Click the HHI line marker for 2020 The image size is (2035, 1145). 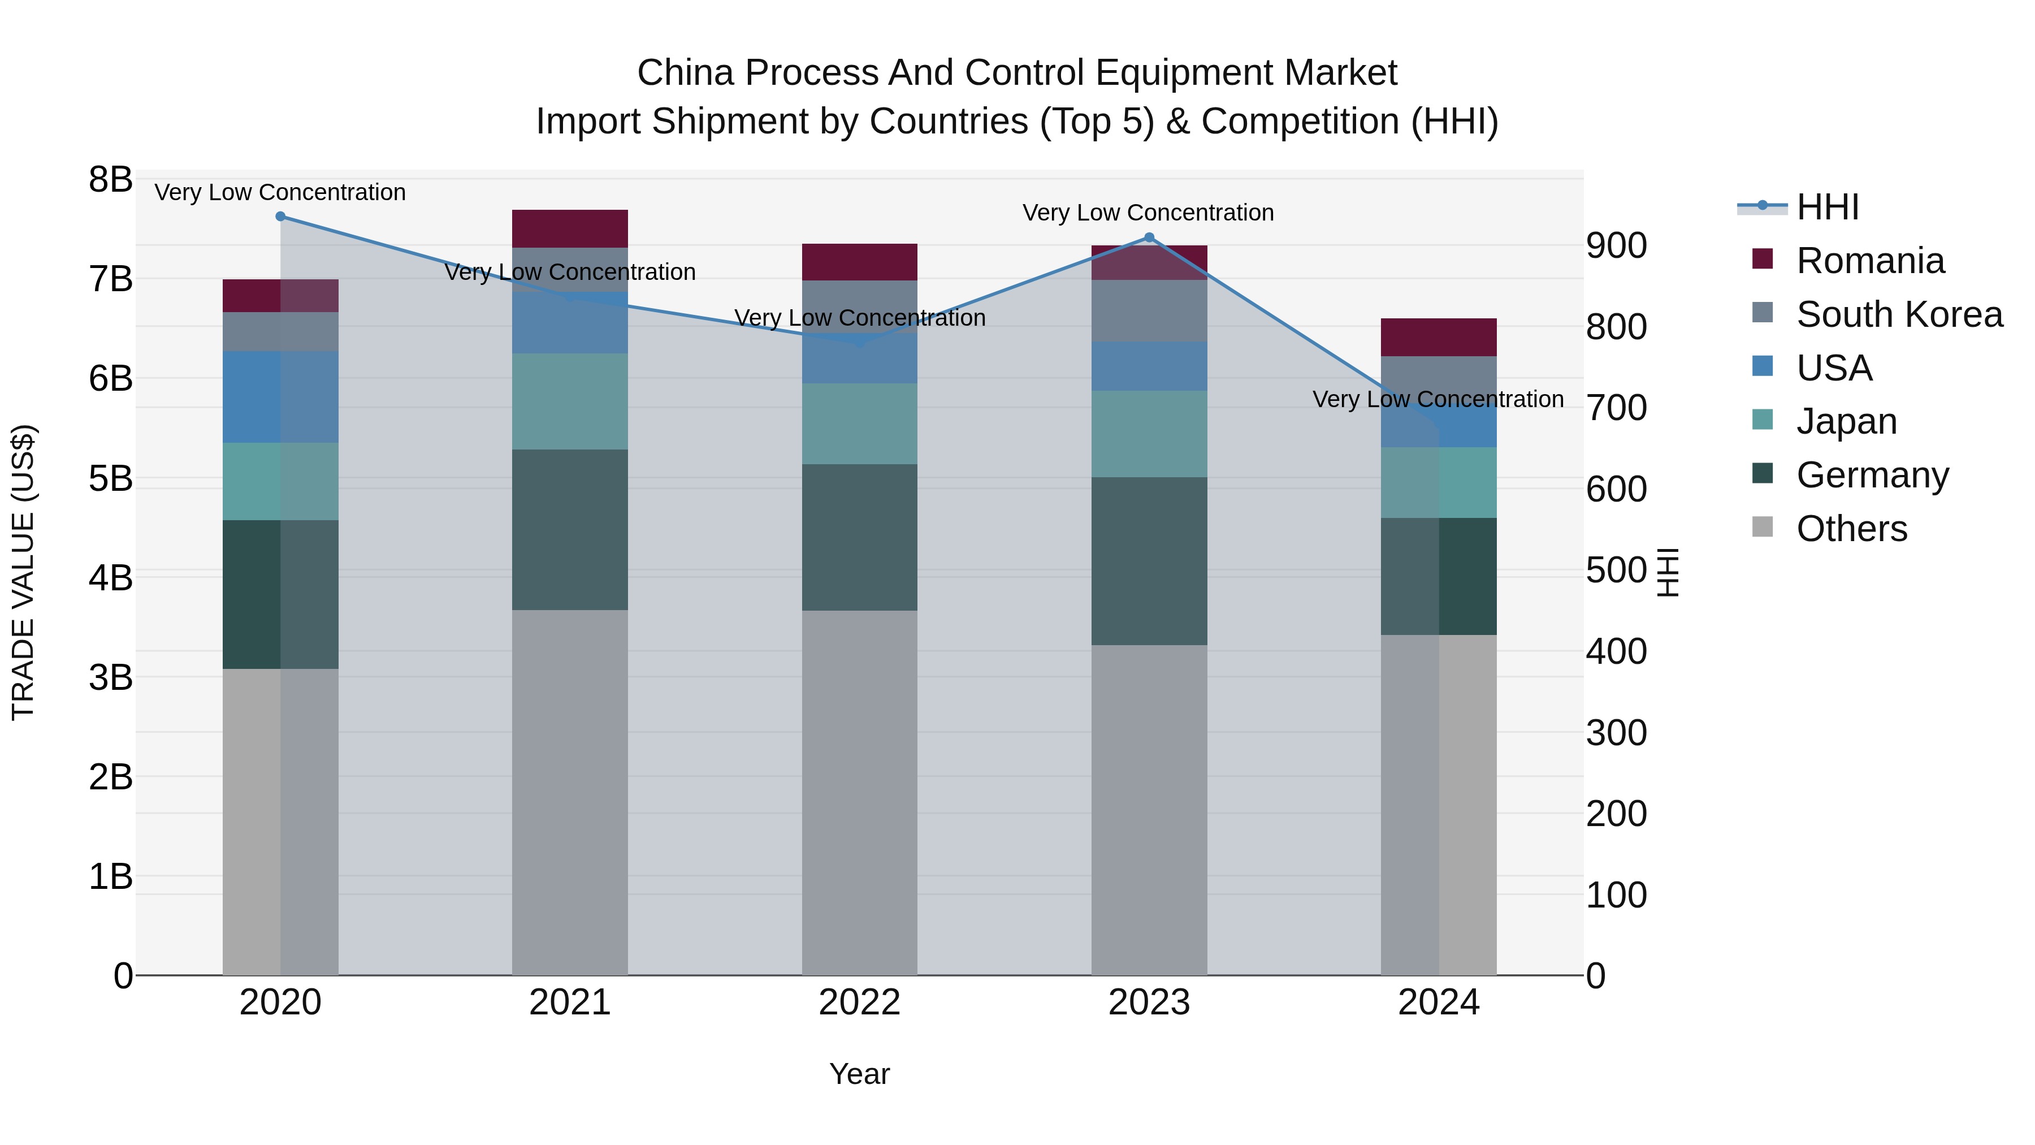pos(280,217)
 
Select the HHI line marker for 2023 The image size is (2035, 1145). pos(1149,238)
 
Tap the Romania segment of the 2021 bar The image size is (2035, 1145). pos(570,229)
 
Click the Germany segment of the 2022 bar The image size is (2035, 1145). pos(859,537)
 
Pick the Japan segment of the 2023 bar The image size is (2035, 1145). pos(1149,434)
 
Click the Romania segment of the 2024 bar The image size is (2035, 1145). pos(1439,338)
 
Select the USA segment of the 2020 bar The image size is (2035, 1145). pos(280,397)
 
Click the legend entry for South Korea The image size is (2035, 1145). pos(1899,314)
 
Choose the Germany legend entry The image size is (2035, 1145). pos(1872,475)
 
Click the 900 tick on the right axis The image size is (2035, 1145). pos(1616,246)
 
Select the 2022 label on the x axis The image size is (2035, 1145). pos(859,1003)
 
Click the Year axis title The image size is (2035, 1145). pos(859,1074)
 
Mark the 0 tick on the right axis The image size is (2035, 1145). pos(1596,976)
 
